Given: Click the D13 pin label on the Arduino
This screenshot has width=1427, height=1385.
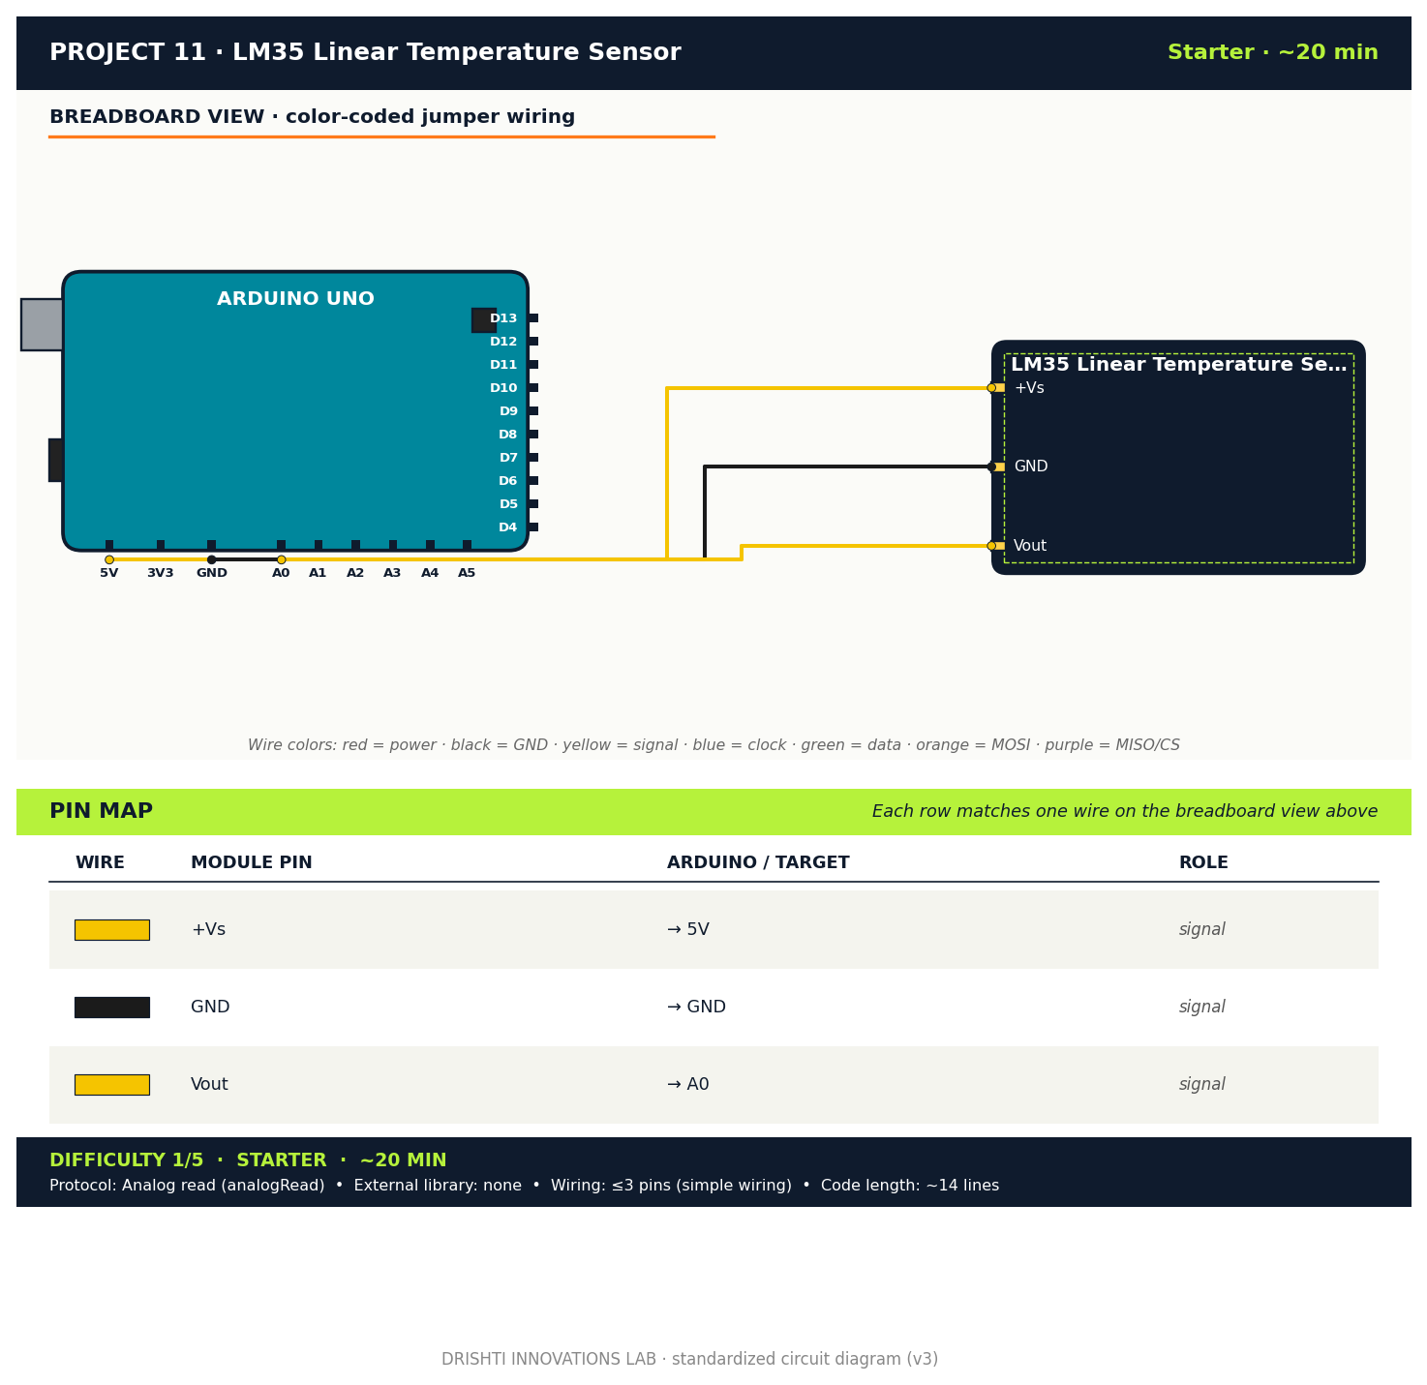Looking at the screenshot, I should [503, 318].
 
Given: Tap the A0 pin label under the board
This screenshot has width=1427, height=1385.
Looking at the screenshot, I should [281, 573].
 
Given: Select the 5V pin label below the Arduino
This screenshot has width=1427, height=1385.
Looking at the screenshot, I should [109, 573].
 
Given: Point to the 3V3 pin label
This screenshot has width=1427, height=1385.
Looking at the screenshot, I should [161, 573].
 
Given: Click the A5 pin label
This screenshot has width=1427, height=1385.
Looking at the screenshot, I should [467, 573].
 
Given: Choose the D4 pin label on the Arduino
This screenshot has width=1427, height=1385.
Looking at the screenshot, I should [508, 527].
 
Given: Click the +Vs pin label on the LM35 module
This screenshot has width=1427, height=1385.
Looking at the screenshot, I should [1029, 388].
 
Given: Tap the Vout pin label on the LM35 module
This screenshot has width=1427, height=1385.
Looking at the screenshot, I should [1030, 546].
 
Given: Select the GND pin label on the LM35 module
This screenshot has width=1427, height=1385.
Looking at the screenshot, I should [1031, 467].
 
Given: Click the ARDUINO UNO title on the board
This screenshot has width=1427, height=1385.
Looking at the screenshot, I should [295, 299].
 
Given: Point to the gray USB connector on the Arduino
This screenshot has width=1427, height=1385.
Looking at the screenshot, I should [42, 324].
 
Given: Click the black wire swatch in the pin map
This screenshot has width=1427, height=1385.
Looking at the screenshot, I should [112, 1008].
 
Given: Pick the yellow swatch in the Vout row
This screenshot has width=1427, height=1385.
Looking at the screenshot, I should [112, 1085].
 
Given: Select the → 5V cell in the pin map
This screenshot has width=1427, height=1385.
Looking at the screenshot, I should [688, 930].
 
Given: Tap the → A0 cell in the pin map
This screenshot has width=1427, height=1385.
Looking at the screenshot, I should [688, 1085].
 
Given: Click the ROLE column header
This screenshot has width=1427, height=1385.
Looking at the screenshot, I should [1203, 862].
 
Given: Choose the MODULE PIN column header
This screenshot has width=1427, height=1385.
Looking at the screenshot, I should [252, 862].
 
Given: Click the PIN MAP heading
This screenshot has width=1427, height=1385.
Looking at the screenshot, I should [102, 812].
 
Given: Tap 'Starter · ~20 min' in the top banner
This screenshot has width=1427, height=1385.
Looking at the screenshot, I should [1272, 53].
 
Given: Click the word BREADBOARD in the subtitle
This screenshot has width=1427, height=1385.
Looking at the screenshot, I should [108, 117].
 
